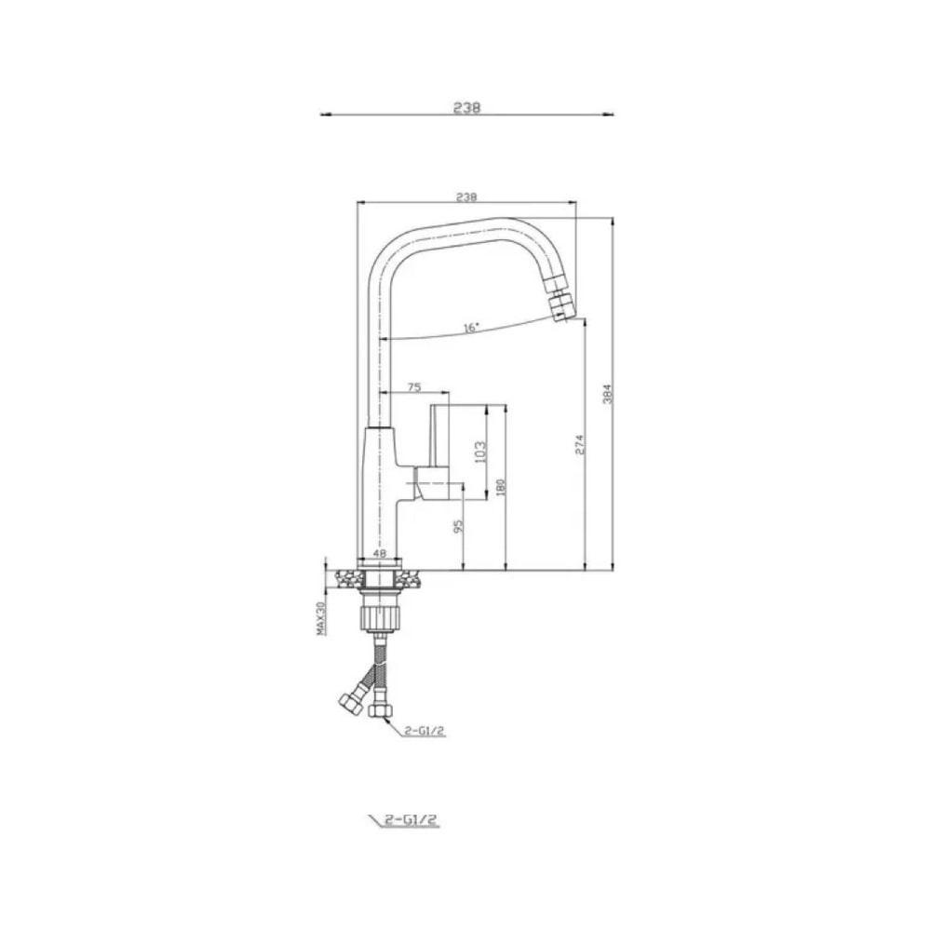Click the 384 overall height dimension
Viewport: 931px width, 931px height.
(x=607, y=394)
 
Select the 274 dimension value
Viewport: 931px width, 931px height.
(x=579, y=445)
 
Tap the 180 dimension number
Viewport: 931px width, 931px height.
(x=499, y=488)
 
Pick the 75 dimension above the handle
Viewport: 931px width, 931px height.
(x=414, y=387)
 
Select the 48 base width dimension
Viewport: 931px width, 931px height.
(x=380, y=553)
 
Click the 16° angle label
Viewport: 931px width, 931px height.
(x=471, y=328)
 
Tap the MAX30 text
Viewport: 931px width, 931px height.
(x=321, y=618)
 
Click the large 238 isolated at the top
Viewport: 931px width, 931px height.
(x=466, y=107)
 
